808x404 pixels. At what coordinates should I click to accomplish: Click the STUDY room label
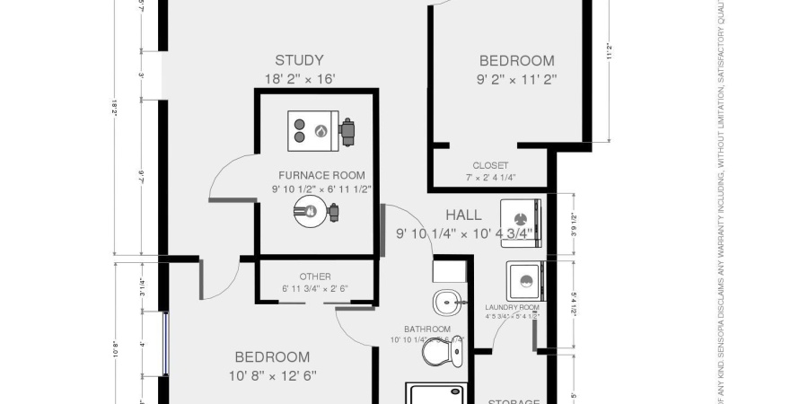[x=299, y=61]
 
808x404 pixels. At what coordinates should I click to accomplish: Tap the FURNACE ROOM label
[x=321, y=174]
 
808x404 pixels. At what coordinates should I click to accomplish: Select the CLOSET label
[x=490, y=165]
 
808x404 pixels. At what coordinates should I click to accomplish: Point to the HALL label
[x=463, y=215]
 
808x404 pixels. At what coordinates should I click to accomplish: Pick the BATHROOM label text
[x=426, y=329]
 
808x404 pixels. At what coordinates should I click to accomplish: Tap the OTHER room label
[x=315, y=276]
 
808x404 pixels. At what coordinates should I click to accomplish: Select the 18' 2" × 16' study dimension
[x=299, y=79]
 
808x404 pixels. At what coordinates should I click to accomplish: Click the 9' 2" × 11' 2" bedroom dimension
[x=516, y=79]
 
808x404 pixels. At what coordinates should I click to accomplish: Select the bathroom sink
[x=445, y=302]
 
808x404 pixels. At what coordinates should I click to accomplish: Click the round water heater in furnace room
[x=309, y=212]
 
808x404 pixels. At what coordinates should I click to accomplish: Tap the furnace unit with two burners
[x=312, y=130]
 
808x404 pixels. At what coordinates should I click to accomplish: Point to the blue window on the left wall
[x=165, y=344]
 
